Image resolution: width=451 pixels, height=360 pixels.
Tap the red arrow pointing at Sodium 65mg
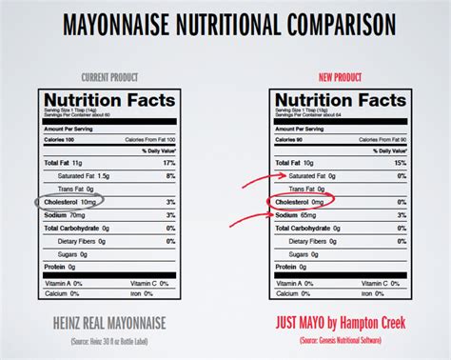pyautogui.click(x=254, y=213)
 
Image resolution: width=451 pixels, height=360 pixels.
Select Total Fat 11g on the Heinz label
pyautogui.click(x=63, y=164)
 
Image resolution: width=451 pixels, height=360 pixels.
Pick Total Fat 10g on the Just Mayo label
pyautogui.click(x=296, y=164)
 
